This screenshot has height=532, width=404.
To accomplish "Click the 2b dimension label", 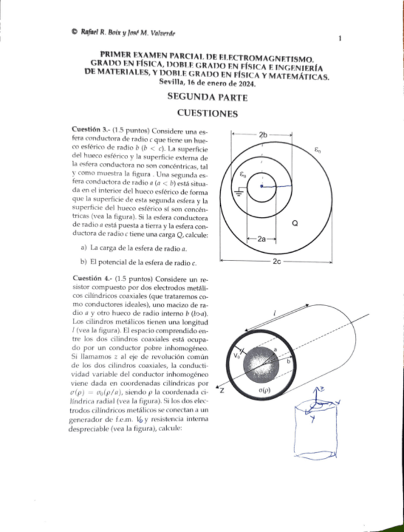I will coord(264,134).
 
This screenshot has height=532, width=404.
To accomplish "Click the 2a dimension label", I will coord(262,239).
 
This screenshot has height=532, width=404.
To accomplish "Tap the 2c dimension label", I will coord(277,260).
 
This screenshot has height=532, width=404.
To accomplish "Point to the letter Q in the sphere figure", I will coord(295,222).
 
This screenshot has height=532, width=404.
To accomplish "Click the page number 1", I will coord(339,38).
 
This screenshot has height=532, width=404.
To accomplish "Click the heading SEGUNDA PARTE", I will coord(207,97).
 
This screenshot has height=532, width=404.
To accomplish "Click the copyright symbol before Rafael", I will coord(74,31).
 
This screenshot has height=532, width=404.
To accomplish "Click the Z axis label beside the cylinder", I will coord(221,390).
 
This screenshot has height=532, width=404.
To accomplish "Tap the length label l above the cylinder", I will coord(275,312).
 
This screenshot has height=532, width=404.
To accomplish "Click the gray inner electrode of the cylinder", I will coord(260,363).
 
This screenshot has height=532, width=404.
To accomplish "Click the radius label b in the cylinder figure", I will coord(289,362).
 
